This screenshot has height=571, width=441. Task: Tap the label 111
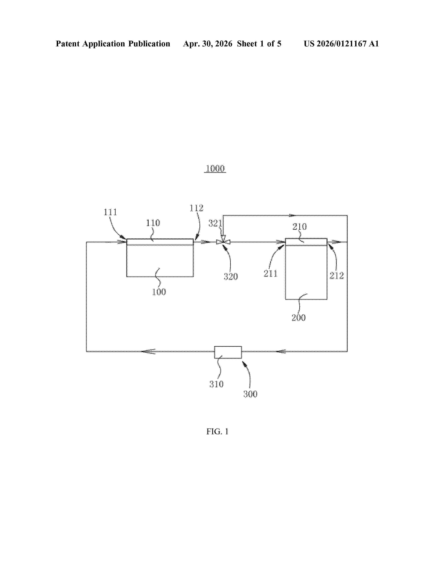(x=110, y=212)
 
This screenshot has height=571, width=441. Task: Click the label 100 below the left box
(x=159, y=292)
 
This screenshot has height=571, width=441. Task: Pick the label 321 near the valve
(x=215, y=223)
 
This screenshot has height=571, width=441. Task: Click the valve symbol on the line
(x=223, y=242)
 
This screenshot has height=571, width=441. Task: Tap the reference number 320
(x=231, y=276)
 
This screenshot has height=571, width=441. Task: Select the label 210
(x=299, y=226)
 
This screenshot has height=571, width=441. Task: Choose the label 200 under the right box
(x=298, y=318)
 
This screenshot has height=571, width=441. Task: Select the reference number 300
(x=250, y=394)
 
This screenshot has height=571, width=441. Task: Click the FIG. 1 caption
(x=217, y=431)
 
